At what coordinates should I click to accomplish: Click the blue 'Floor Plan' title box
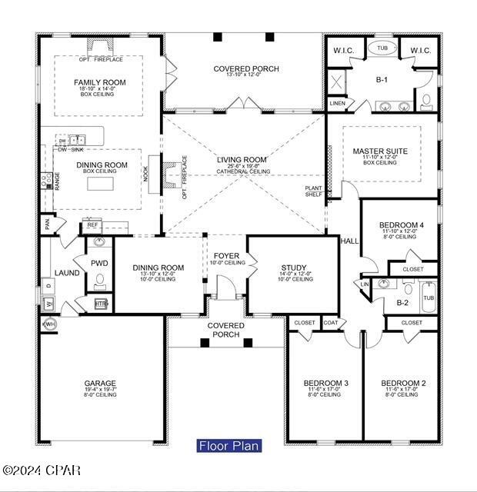pyautogui.click(x=229, y=445)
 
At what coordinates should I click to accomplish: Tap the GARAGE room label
pyautogui.click(x=100, y=383)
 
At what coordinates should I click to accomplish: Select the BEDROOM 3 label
pyautogui.click(x=325, y=383)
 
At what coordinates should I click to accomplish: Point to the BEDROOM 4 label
pyautogui.click(x=399, y=224)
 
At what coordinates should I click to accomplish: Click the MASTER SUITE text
pyautogui.click(x=380, y=151)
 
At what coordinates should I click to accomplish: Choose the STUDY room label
pyautogui.click(x=293, y=268)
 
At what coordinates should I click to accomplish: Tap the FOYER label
pyautogui.click(x=226, y=256)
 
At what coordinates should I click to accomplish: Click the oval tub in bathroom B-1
pyautogui.click(x=382, y=48)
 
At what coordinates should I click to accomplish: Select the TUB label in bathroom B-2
pyautogui.click(x=428, y=298)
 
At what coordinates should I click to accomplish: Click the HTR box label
pyautogui.click(x=101, y=304)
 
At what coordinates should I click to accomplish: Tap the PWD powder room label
pyautogui.click(x=99, y=263)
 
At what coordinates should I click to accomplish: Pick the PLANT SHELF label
pyautogui.click(x=314, y=191)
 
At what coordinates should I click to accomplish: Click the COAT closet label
pyautogui.click(x=330, y=323)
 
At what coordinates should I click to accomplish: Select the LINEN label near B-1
pyautogui.click(x=337, y=102)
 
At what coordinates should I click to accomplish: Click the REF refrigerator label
pyautogui.click(x=92, y=225)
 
